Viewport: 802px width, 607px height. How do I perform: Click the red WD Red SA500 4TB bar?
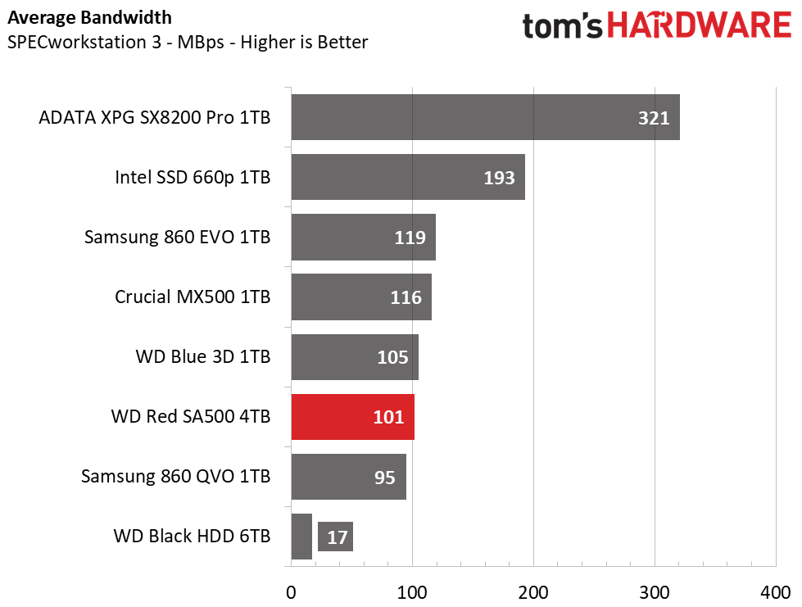tap(352, 417)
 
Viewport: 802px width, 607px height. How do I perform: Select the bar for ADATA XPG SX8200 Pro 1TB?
tap(486, 117)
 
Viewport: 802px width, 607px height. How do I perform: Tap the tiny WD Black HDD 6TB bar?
tap(301, 537)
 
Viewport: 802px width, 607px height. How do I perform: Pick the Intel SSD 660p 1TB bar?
tap(408, 177)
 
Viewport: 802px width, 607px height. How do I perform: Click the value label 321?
tap(654, 118)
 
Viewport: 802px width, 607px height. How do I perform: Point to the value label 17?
tap(337, 537)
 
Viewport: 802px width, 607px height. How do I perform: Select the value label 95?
tap(385, 478)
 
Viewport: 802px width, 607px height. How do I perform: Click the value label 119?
tap(410, 238)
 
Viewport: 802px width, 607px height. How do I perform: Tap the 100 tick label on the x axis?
tap(412, 593)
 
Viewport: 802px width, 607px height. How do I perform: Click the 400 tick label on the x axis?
tap(776, 593)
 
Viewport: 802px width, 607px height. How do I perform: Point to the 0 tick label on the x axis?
tap(291, 593)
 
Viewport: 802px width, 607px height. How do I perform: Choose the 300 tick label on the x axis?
tap(655, 593)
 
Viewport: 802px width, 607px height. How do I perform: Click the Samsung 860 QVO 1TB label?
tap(175, 477)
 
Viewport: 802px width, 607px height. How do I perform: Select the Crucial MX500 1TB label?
tap(193, 297)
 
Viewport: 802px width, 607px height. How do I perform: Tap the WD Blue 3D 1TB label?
tap(203, 357)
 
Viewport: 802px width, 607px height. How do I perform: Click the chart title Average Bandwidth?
tap(89, 18)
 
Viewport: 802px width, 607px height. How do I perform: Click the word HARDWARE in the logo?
tap(700, 25)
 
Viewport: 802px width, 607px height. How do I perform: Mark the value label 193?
tap(499, 178)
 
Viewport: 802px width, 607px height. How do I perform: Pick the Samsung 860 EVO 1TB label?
tap(177, 238)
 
